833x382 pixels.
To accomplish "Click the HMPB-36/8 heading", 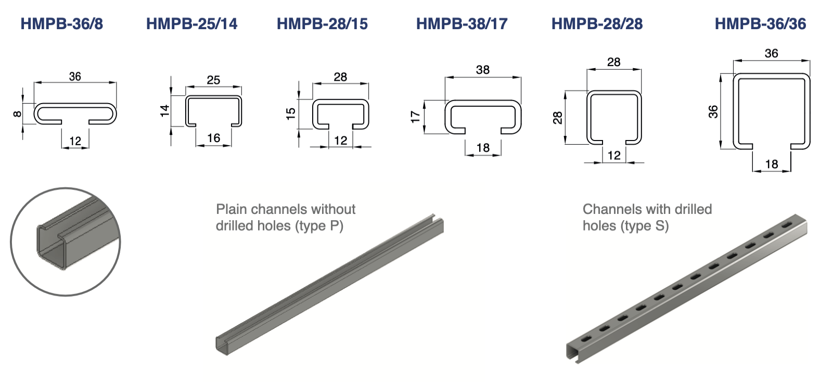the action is click(62, 24).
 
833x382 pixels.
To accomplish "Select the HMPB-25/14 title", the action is click(191, 24).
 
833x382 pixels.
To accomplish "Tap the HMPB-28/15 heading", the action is click(322, 24).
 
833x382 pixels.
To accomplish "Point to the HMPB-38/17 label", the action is click(462, 24).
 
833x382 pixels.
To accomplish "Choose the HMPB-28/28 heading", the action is click(597, 24).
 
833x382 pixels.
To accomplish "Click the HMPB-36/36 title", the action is click(761, 24).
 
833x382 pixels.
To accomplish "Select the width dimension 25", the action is click(213, 80).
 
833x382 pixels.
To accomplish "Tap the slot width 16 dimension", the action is click(213, 138).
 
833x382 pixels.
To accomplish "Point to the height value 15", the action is click(291, 113).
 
